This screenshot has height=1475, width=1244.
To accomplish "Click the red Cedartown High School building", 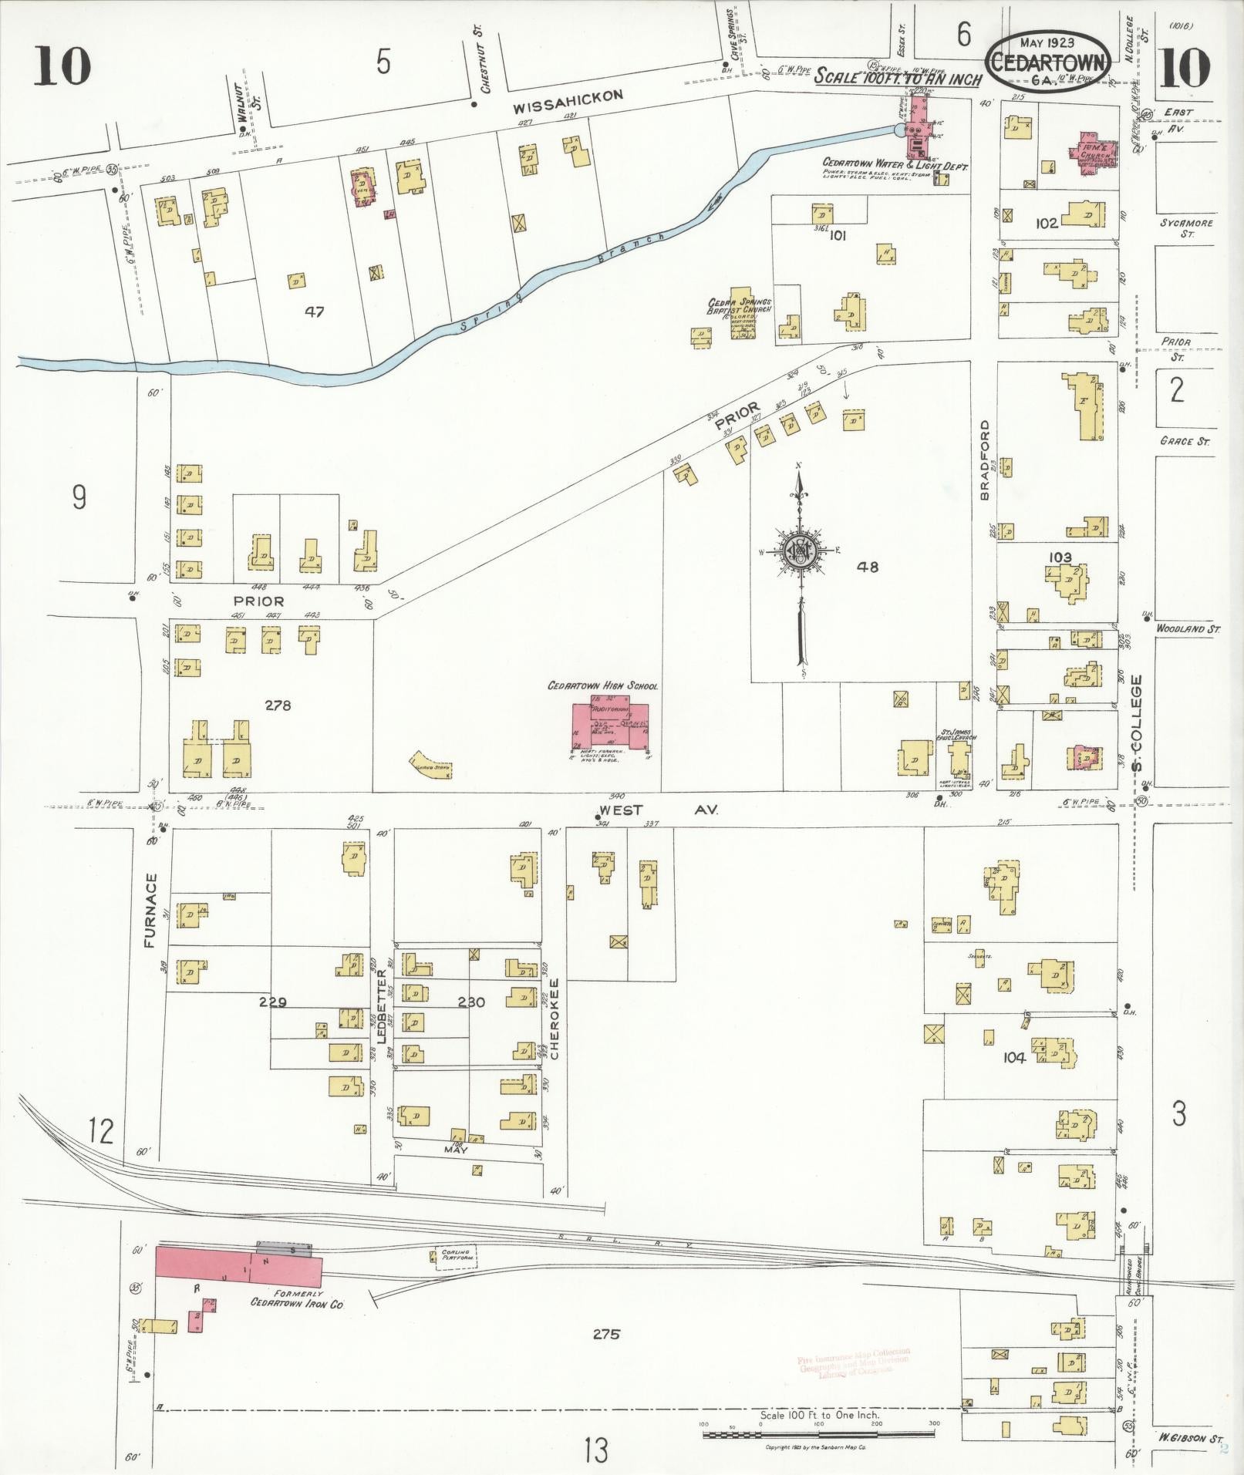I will pos(610,725).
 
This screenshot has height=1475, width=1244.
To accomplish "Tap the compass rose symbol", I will pos(800,551).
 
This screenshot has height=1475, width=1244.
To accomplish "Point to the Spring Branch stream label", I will pos(563,280).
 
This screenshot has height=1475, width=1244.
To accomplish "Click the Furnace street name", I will pos(150,910).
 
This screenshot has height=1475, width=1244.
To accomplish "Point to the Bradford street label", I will pos(985,460).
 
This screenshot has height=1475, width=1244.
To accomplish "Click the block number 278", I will pos(277,705).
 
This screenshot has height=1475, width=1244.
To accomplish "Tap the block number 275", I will pos(606,1334).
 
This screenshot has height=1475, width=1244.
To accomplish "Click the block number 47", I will pos(314,312).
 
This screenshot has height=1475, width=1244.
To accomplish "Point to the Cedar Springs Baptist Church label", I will pos(740,307).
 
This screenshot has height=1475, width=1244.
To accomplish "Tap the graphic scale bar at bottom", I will pos(818,1435).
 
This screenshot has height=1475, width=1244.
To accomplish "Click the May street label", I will pos(455,1149).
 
